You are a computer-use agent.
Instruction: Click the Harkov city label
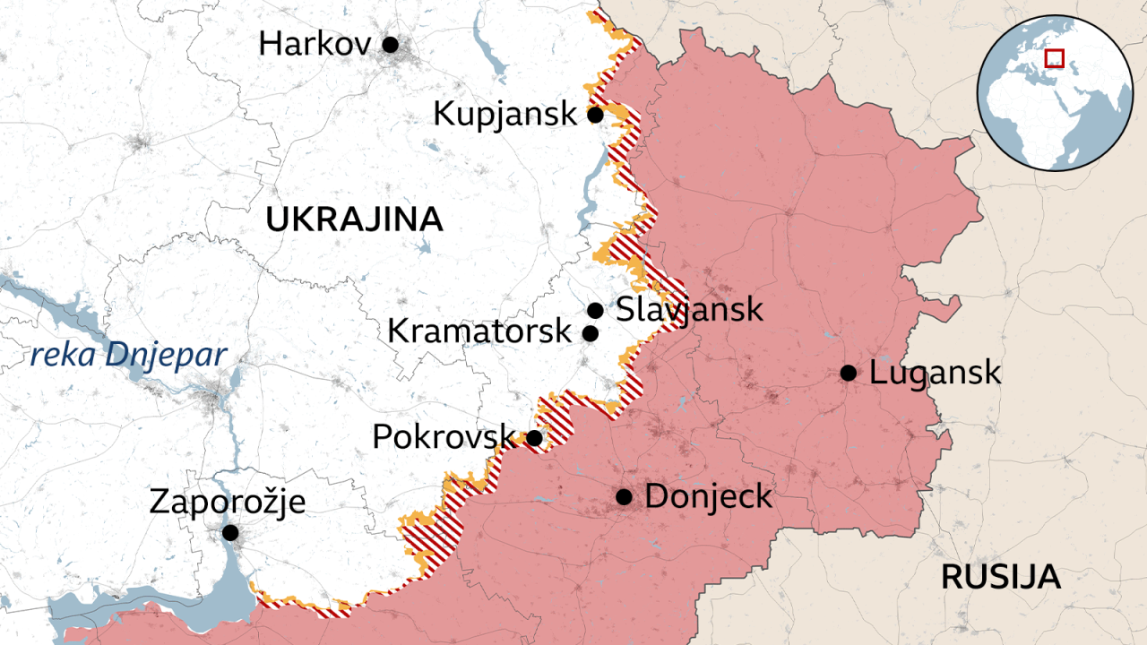click(x=315, y=43)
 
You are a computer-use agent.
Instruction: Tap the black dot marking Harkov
click(x=390, y=43)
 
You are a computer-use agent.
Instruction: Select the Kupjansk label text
click(x=505, y=114)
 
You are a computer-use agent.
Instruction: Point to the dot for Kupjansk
click(x=594, y=115)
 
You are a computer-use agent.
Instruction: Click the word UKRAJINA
click(x=354, y=219)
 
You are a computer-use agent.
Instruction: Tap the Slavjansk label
click(x=689, y=310)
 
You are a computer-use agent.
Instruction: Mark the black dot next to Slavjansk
click(x=594, y=310)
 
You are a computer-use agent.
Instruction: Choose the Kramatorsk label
click(x=479, y=331)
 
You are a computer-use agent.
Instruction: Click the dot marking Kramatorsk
click(x=590, y=333)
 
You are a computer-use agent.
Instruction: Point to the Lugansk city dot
click(x=848, y=373)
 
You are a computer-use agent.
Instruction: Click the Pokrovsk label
click(x=444, y=437)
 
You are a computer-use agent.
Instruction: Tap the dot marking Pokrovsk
click(x=533, y=437)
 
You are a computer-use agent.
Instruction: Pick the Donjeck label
click(x=708, y=496)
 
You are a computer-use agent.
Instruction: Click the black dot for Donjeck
click(x=624, y=496)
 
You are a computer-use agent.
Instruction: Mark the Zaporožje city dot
click(x=230, y=532)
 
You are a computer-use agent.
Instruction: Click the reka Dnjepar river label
click(x=127, y=356)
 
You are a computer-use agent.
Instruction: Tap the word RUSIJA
click(x=1000, y=578)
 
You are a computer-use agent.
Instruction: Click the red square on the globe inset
click(x=1055, y=58)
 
